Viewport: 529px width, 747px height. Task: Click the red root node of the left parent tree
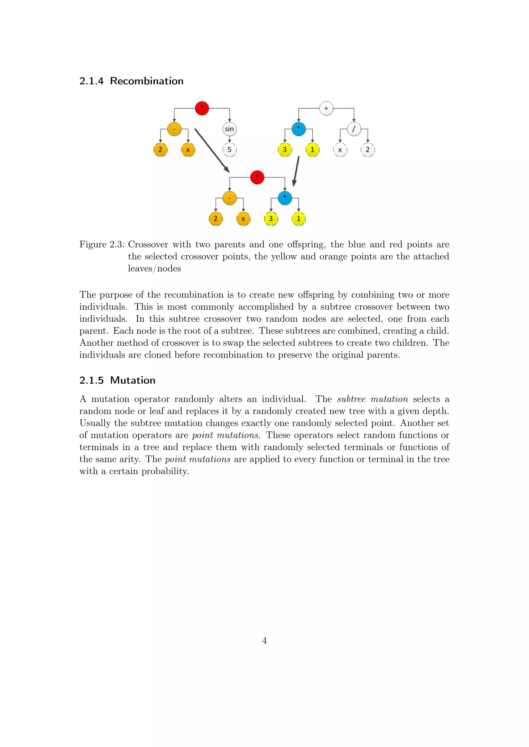[202, 108]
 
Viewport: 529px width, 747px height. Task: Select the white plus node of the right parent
[326, 108]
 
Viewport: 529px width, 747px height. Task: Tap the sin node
[229, 129]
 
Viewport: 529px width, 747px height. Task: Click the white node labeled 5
[229, 150]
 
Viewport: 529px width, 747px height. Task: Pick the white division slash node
[354, 129]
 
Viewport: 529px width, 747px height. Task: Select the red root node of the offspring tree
[257, 177]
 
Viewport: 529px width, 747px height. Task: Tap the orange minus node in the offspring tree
[229, 198]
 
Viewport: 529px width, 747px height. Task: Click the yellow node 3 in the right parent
[285, 150]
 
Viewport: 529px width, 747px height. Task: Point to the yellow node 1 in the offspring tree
[298, 219]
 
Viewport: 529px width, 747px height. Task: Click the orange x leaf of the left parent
[188, 150]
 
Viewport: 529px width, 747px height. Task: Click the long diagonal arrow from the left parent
[212, 150]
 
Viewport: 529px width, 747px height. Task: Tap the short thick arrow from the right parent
[296, 172]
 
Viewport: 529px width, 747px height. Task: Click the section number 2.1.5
[91, 380]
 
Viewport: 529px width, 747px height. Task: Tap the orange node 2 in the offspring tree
[216, 219]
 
